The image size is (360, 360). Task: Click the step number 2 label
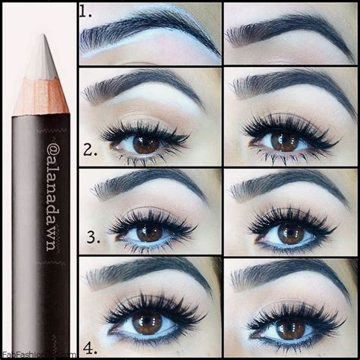pos(91,149)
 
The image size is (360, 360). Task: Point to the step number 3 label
pos(93,238)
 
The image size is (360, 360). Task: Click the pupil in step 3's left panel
pos(150,232)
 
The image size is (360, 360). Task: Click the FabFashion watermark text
pos(38,354)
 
